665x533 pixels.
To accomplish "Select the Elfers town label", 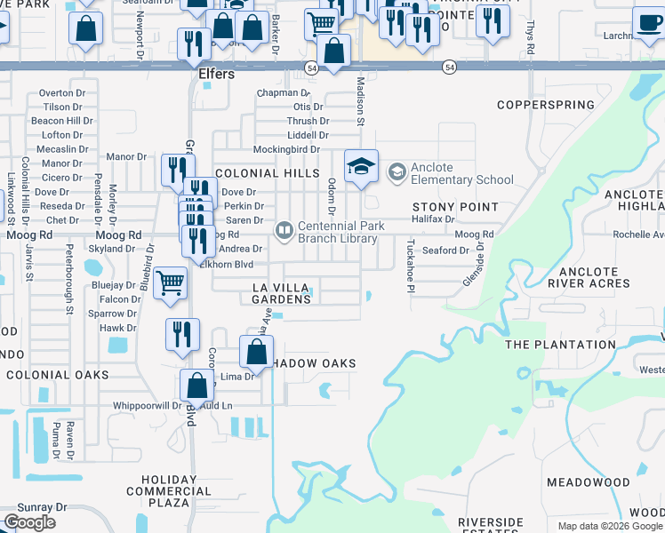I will coord(216,75).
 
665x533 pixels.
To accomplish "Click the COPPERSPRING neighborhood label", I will coord(545,105).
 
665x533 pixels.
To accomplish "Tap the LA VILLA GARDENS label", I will coord(282,293).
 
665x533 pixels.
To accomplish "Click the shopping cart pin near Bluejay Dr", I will coord(170,283).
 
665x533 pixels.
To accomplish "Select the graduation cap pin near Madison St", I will coord(361,166).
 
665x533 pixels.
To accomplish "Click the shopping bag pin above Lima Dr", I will coord(256,351).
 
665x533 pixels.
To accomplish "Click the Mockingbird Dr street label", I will coord(285,149).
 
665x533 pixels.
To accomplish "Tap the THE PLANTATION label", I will coord(560,345).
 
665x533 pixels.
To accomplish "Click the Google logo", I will coord(29,522).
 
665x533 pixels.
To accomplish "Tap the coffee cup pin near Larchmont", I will coord(649,22).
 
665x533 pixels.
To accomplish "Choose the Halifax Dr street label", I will coord(434,219).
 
